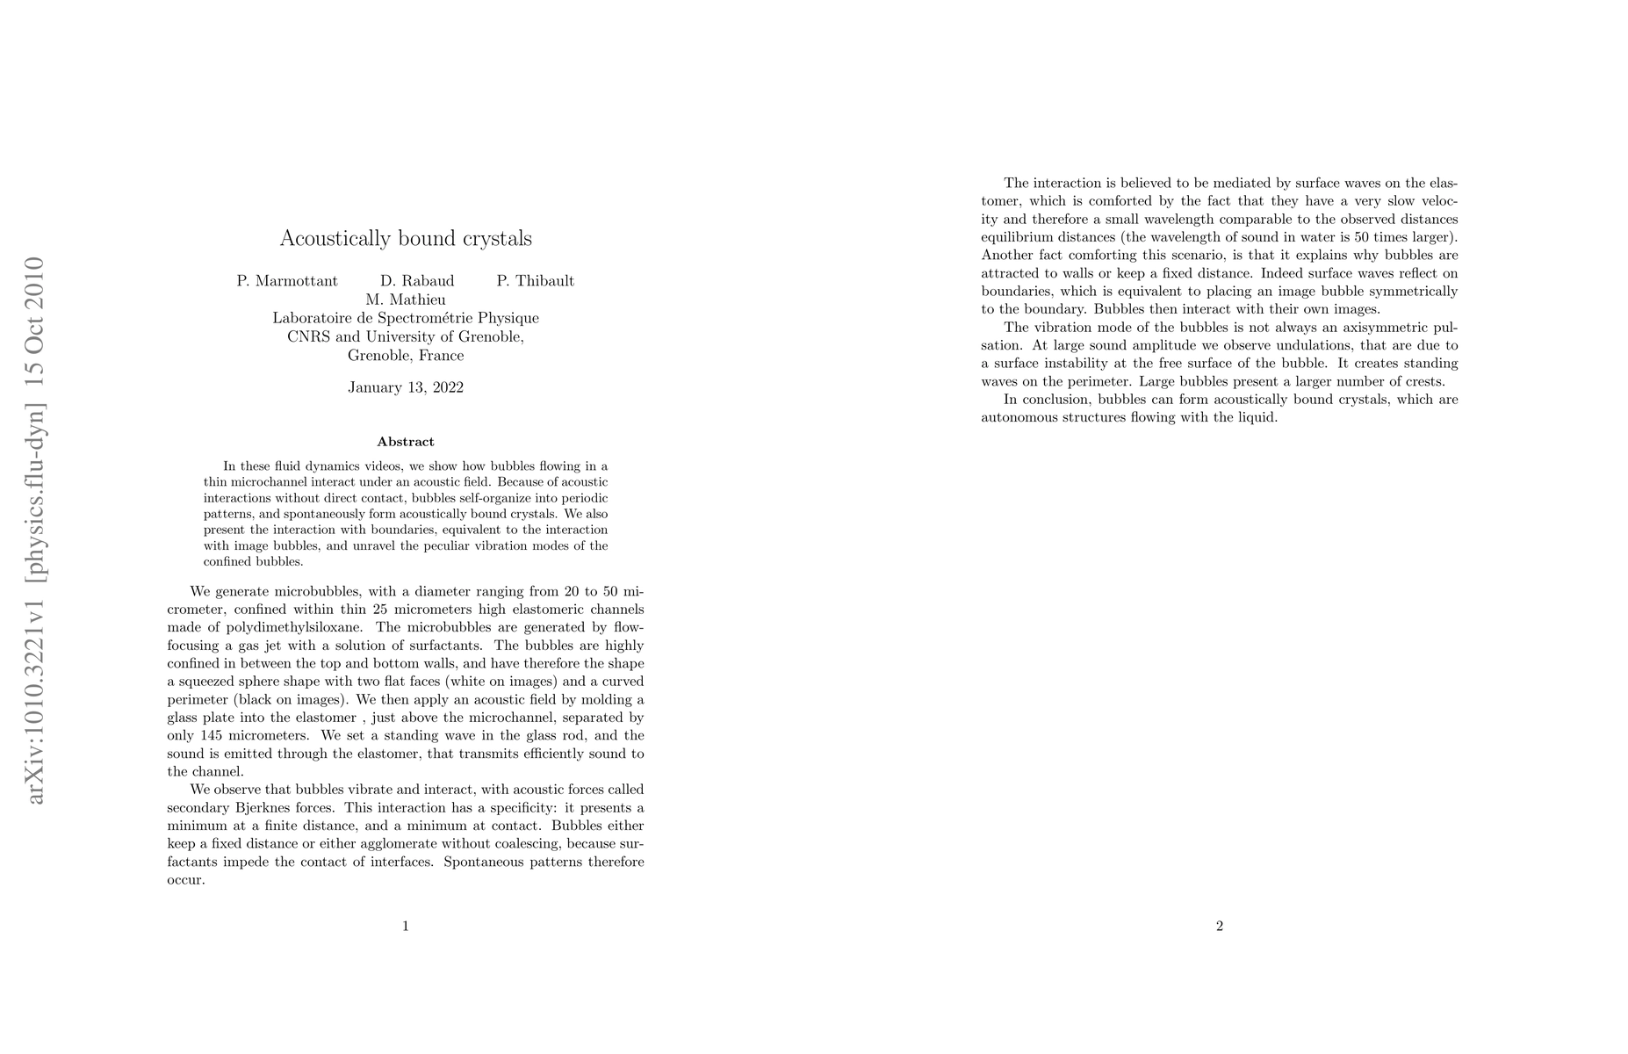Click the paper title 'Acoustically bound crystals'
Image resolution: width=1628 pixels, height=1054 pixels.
pos(406,239)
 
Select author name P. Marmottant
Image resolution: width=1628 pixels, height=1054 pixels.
pos(287,281)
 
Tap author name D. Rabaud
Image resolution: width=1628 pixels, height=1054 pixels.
pos(417,281)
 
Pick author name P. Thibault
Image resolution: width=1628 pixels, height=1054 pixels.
pos(535,281)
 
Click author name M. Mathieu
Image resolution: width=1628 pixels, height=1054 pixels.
pos(406,300)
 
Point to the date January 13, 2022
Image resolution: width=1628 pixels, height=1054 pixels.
pos(406,387)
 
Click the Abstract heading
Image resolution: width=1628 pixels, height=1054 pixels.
pos(406,442)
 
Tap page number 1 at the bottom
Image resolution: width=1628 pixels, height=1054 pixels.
pos(406,925)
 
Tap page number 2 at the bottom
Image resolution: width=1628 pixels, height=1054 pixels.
pos(1220,925)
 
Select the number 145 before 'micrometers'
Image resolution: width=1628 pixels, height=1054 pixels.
pos(211,735)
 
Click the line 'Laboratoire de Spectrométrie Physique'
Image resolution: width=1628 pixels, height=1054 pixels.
pos(406,318)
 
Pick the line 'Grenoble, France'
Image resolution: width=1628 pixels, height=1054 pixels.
pos(406,356)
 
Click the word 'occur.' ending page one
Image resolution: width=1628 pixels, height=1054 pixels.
pos(185,880)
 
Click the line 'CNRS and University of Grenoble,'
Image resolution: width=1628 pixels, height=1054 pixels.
pos(406,336)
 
